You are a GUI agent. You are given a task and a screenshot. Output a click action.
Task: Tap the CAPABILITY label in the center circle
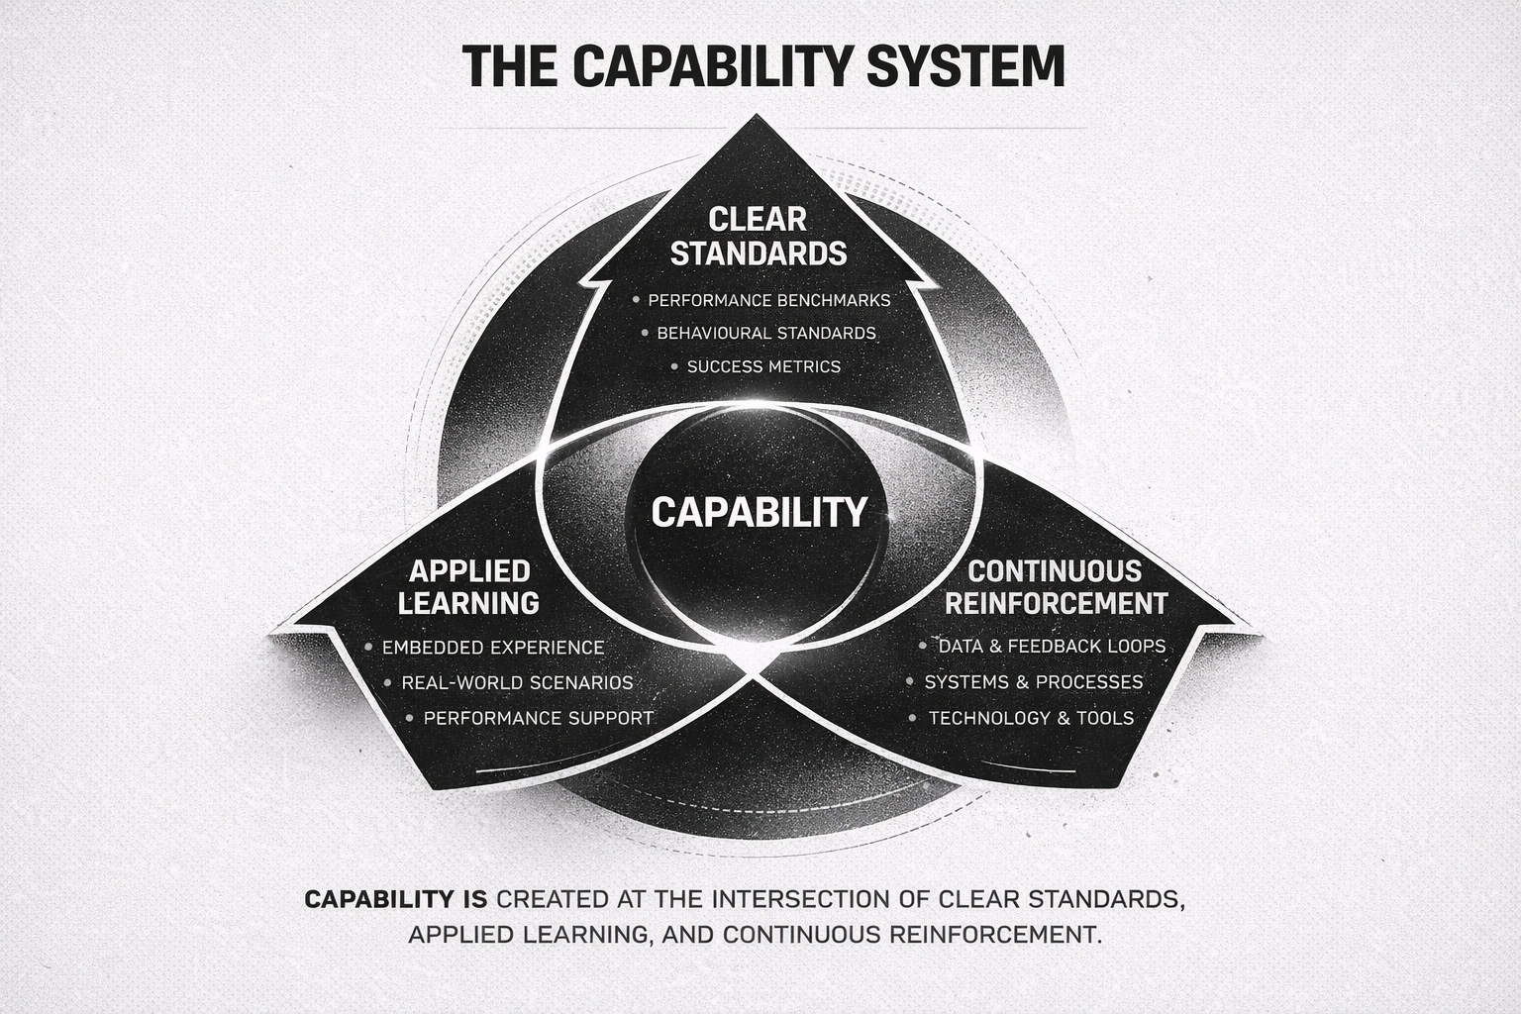pos(759,512)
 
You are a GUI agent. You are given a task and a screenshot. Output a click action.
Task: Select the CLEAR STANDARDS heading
pos(759,236)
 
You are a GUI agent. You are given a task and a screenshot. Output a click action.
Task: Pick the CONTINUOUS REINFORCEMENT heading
pos(1056,586)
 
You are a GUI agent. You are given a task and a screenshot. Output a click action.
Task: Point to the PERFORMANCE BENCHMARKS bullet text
pos(769,300)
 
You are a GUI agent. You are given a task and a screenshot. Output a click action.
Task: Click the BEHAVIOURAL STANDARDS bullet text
pos(766,333)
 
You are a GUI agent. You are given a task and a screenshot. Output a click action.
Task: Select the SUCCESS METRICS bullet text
pos(763,366)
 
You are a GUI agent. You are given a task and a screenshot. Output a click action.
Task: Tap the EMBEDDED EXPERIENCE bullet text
pos(492,648)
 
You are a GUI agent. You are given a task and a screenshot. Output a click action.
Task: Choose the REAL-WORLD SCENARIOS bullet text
pos(517,683)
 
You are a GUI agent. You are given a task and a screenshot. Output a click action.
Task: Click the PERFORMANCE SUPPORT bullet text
pos(538,718)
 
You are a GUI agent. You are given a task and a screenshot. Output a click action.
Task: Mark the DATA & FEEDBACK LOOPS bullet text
pos(1052,647)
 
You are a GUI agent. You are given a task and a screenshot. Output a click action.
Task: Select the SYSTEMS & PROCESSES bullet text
pos(1034,682)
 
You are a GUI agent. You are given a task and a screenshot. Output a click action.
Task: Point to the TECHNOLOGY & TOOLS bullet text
pos(1031,718)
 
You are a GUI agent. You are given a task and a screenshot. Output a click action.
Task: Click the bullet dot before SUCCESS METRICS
pos(673,366)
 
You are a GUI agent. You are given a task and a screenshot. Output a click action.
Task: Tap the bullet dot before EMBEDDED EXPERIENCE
pos(368,648)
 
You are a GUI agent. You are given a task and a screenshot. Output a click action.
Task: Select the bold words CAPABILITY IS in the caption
pos(395,900)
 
